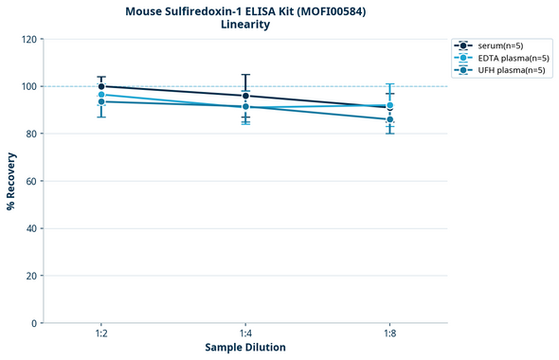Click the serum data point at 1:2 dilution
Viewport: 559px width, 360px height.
coord(101,86)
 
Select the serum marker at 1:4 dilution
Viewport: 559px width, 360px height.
coord(245,96)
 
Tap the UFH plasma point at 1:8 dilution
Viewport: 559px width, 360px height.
coord(389,119)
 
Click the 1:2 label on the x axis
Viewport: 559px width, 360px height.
coord(101,334)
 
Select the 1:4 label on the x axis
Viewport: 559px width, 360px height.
coord(245,334)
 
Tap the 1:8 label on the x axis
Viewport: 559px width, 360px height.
coord(389,334)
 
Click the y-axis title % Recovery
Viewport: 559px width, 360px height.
coord(11,180)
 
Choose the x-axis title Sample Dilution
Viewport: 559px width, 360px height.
coord(245,348)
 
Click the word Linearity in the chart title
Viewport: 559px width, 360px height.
coord(245,25)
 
